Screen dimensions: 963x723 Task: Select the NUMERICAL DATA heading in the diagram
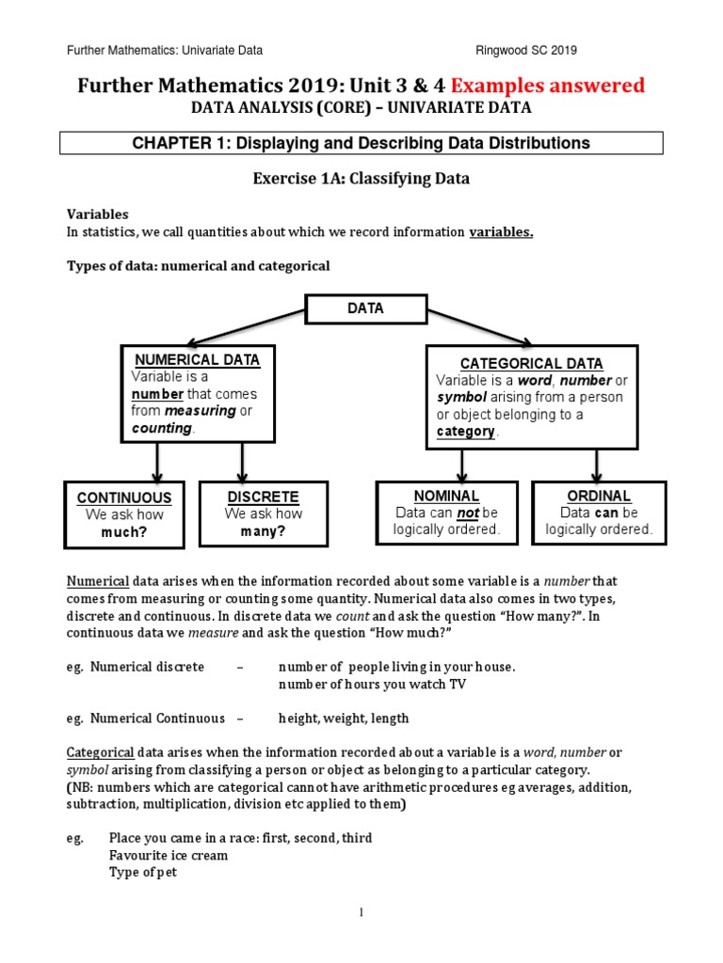pos(198,359)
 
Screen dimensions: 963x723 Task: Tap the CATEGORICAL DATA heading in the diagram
pos(532,363)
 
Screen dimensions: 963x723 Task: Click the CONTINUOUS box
pos(124,514)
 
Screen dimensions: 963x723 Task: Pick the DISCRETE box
pos(264,513)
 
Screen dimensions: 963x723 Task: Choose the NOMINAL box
pos(446,513)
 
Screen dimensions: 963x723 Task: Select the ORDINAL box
pos(599,513)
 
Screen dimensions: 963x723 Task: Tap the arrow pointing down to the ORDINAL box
pos(597,463)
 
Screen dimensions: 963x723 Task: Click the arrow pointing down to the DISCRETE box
pos(243,462)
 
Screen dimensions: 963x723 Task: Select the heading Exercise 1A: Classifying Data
pos(361,177)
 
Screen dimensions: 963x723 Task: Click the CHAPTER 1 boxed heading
pos(361,143)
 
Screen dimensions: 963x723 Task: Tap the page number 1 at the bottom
pos(361,911)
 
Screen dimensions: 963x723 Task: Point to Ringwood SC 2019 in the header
pos(530,50)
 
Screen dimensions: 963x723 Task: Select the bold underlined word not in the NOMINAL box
pos(468,513)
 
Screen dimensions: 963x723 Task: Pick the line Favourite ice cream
pos(169,856)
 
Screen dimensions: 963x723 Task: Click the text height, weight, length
pos(344,718)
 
